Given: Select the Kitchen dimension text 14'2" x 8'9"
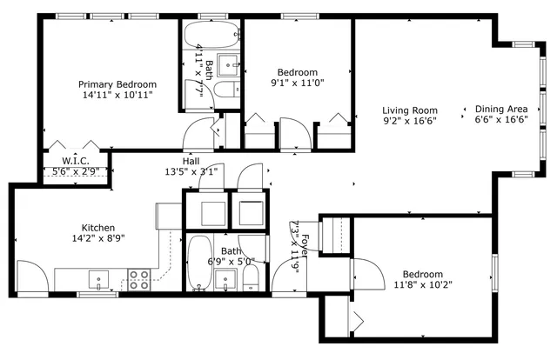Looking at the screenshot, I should coord(97,238).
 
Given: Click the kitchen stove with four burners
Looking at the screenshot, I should coord(138,279).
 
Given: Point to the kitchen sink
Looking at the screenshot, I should coord(98,280).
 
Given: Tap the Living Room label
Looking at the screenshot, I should coord(410,110).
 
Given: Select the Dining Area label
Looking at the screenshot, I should coord(502,110).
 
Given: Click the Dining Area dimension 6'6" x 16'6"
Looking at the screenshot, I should coord(502,120).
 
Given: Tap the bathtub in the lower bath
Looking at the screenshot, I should coord(198,263).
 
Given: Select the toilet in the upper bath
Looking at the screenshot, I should coord(225,90).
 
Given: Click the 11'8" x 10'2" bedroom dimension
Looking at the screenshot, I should coord(423,284).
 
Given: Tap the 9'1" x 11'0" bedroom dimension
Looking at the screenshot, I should coord(298,83).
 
